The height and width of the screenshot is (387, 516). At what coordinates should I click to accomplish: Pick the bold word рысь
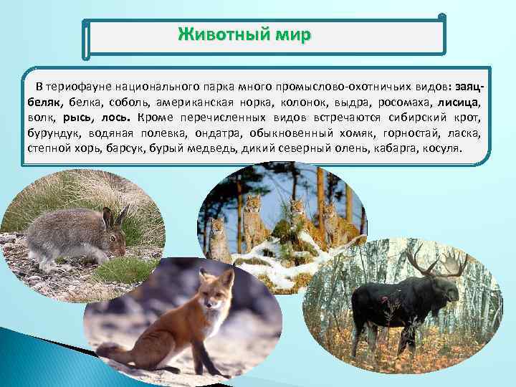(x=76, y=118)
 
